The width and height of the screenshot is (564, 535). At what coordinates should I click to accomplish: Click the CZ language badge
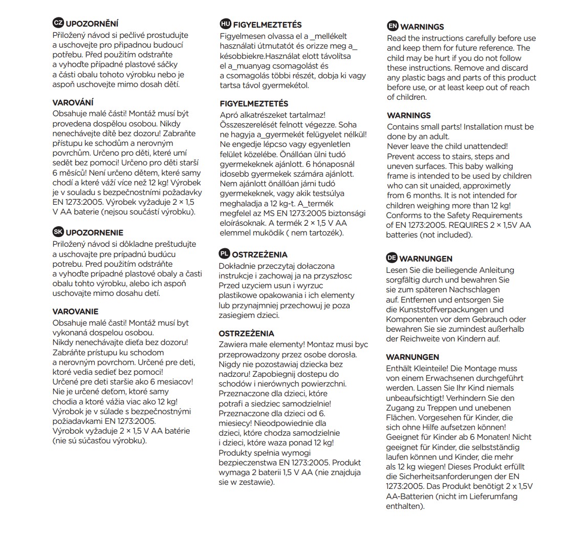click(x=58, y=24)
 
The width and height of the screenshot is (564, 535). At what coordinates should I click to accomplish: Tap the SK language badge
click(x=58, y=232)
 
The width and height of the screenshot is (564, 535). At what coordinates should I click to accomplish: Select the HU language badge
click(x=225, y=24)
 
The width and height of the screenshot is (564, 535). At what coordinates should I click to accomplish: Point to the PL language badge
click(x=224, y=254)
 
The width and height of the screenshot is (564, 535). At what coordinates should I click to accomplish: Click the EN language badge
click(x=393, y=26)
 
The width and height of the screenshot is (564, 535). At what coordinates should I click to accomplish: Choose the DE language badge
click(x=392, y=258)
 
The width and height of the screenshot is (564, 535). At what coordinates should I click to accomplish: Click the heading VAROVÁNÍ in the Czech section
click(x=73, y=102)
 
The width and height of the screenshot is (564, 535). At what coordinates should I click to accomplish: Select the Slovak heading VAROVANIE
click(x=75, y=311)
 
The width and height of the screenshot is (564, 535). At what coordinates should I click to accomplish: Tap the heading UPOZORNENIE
click(x=95, y=232)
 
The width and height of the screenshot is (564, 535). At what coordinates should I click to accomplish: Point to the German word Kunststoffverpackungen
click(x=445, y=309)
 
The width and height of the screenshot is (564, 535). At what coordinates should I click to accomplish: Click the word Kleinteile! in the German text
click(x=432, y=368)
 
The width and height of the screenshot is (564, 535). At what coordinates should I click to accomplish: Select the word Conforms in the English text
click(x=403, y=215)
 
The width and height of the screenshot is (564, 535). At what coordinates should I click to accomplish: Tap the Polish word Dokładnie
click(x=238, y=266)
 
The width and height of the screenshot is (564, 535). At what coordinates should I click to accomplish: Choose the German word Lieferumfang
click(x=492, y=496)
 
